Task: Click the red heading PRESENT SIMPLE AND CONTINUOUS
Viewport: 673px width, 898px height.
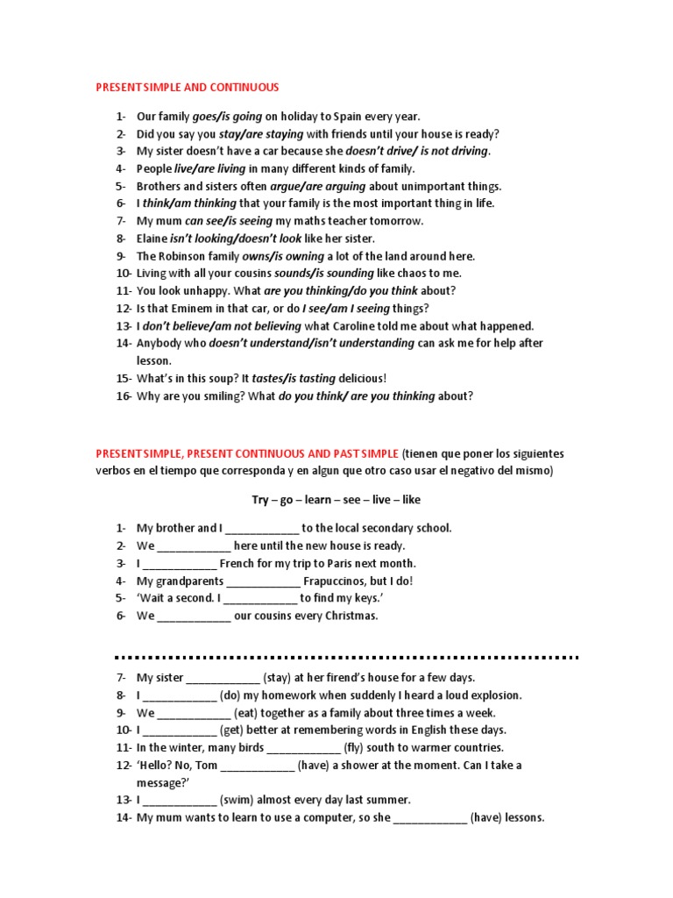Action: coord(187,88)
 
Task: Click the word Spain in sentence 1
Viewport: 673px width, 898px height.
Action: coord(348,117)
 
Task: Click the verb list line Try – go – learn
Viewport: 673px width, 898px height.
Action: coord(336,500)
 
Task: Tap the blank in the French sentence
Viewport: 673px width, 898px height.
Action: coord(179,564)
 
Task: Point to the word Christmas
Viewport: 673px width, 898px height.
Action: coord(351,616)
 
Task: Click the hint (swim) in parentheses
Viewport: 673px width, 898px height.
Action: coord(238,801)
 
